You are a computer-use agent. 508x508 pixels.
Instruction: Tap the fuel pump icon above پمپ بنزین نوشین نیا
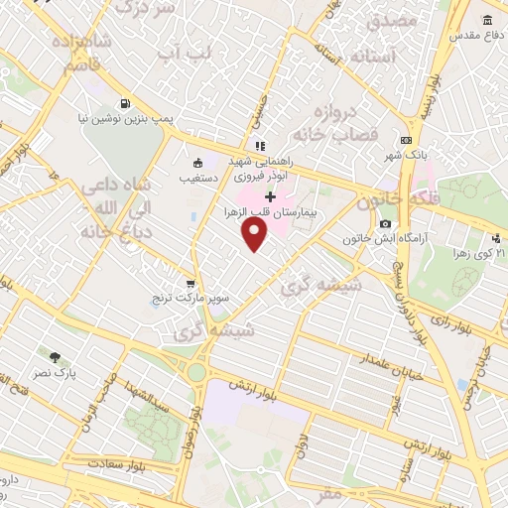tap(125, 102)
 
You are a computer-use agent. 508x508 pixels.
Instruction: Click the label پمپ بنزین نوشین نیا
tap(126, 117)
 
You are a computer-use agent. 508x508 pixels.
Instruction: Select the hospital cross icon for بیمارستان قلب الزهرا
tap(270, 197)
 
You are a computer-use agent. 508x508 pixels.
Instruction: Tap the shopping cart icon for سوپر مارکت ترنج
tap(190, 283)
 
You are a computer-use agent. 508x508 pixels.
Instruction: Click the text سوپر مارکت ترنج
tap(189, 298)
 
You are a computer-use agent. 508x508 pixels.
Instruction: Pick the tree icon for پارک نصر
tap(55, 356)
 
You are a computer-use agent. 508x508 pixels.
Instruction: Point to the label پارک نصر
tap(65, 372)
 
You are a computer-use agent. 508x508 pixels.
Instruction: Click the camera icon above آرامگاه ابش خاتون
tap(385, 224)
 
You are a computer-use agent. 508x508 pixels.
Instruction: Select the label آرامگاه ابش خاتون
tap(377, 239)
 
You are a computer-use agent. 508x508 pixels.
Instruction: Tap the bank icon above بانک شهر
tap(405, 141)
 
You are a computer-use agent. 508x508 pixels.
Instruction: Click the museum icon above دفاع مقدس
tap(486, 21)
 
